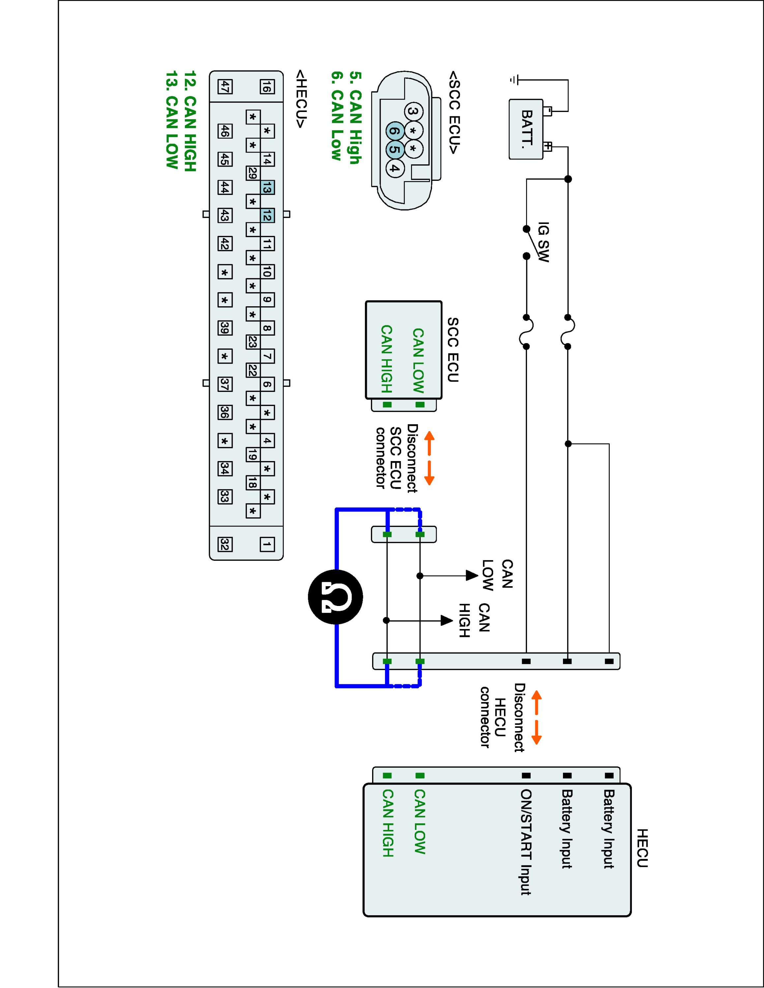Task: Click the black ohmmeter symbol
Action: pyautogui.click(x=336, y=597)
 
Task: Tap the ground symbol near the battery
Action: pyautogui.click(x=513, y=80)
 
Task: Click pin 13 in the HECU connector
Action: pyautogui.click(x=267, y=188)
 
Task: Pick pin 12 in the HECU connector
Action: pyautogui.click(x=267, y=216)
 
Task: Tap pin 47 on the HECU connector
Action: pyautogui.click(x=225, y=86)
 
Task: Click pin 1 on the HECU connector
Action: pyautogui.click(x=267, y=544)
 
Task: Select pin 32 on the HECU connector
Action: pyautogui.click(x=225, y=544)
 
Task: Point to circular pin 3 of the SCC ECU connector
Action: pyautogui.click(x=413, y=111)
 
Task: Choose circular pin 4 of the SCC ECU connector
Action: pyautogui.click(x=395, y=169)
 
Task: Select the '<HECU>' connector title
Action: pyautogui.click(x=301, y=98)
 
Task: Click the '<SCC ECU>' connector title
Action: pyautogui.click(x=454, y=112)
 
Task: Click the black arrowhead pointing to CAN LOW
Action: pyautogui.click(x=472, y=576)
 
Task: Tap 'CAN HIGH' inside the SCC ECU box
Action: pyautogui.click(x=386, y=359)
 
